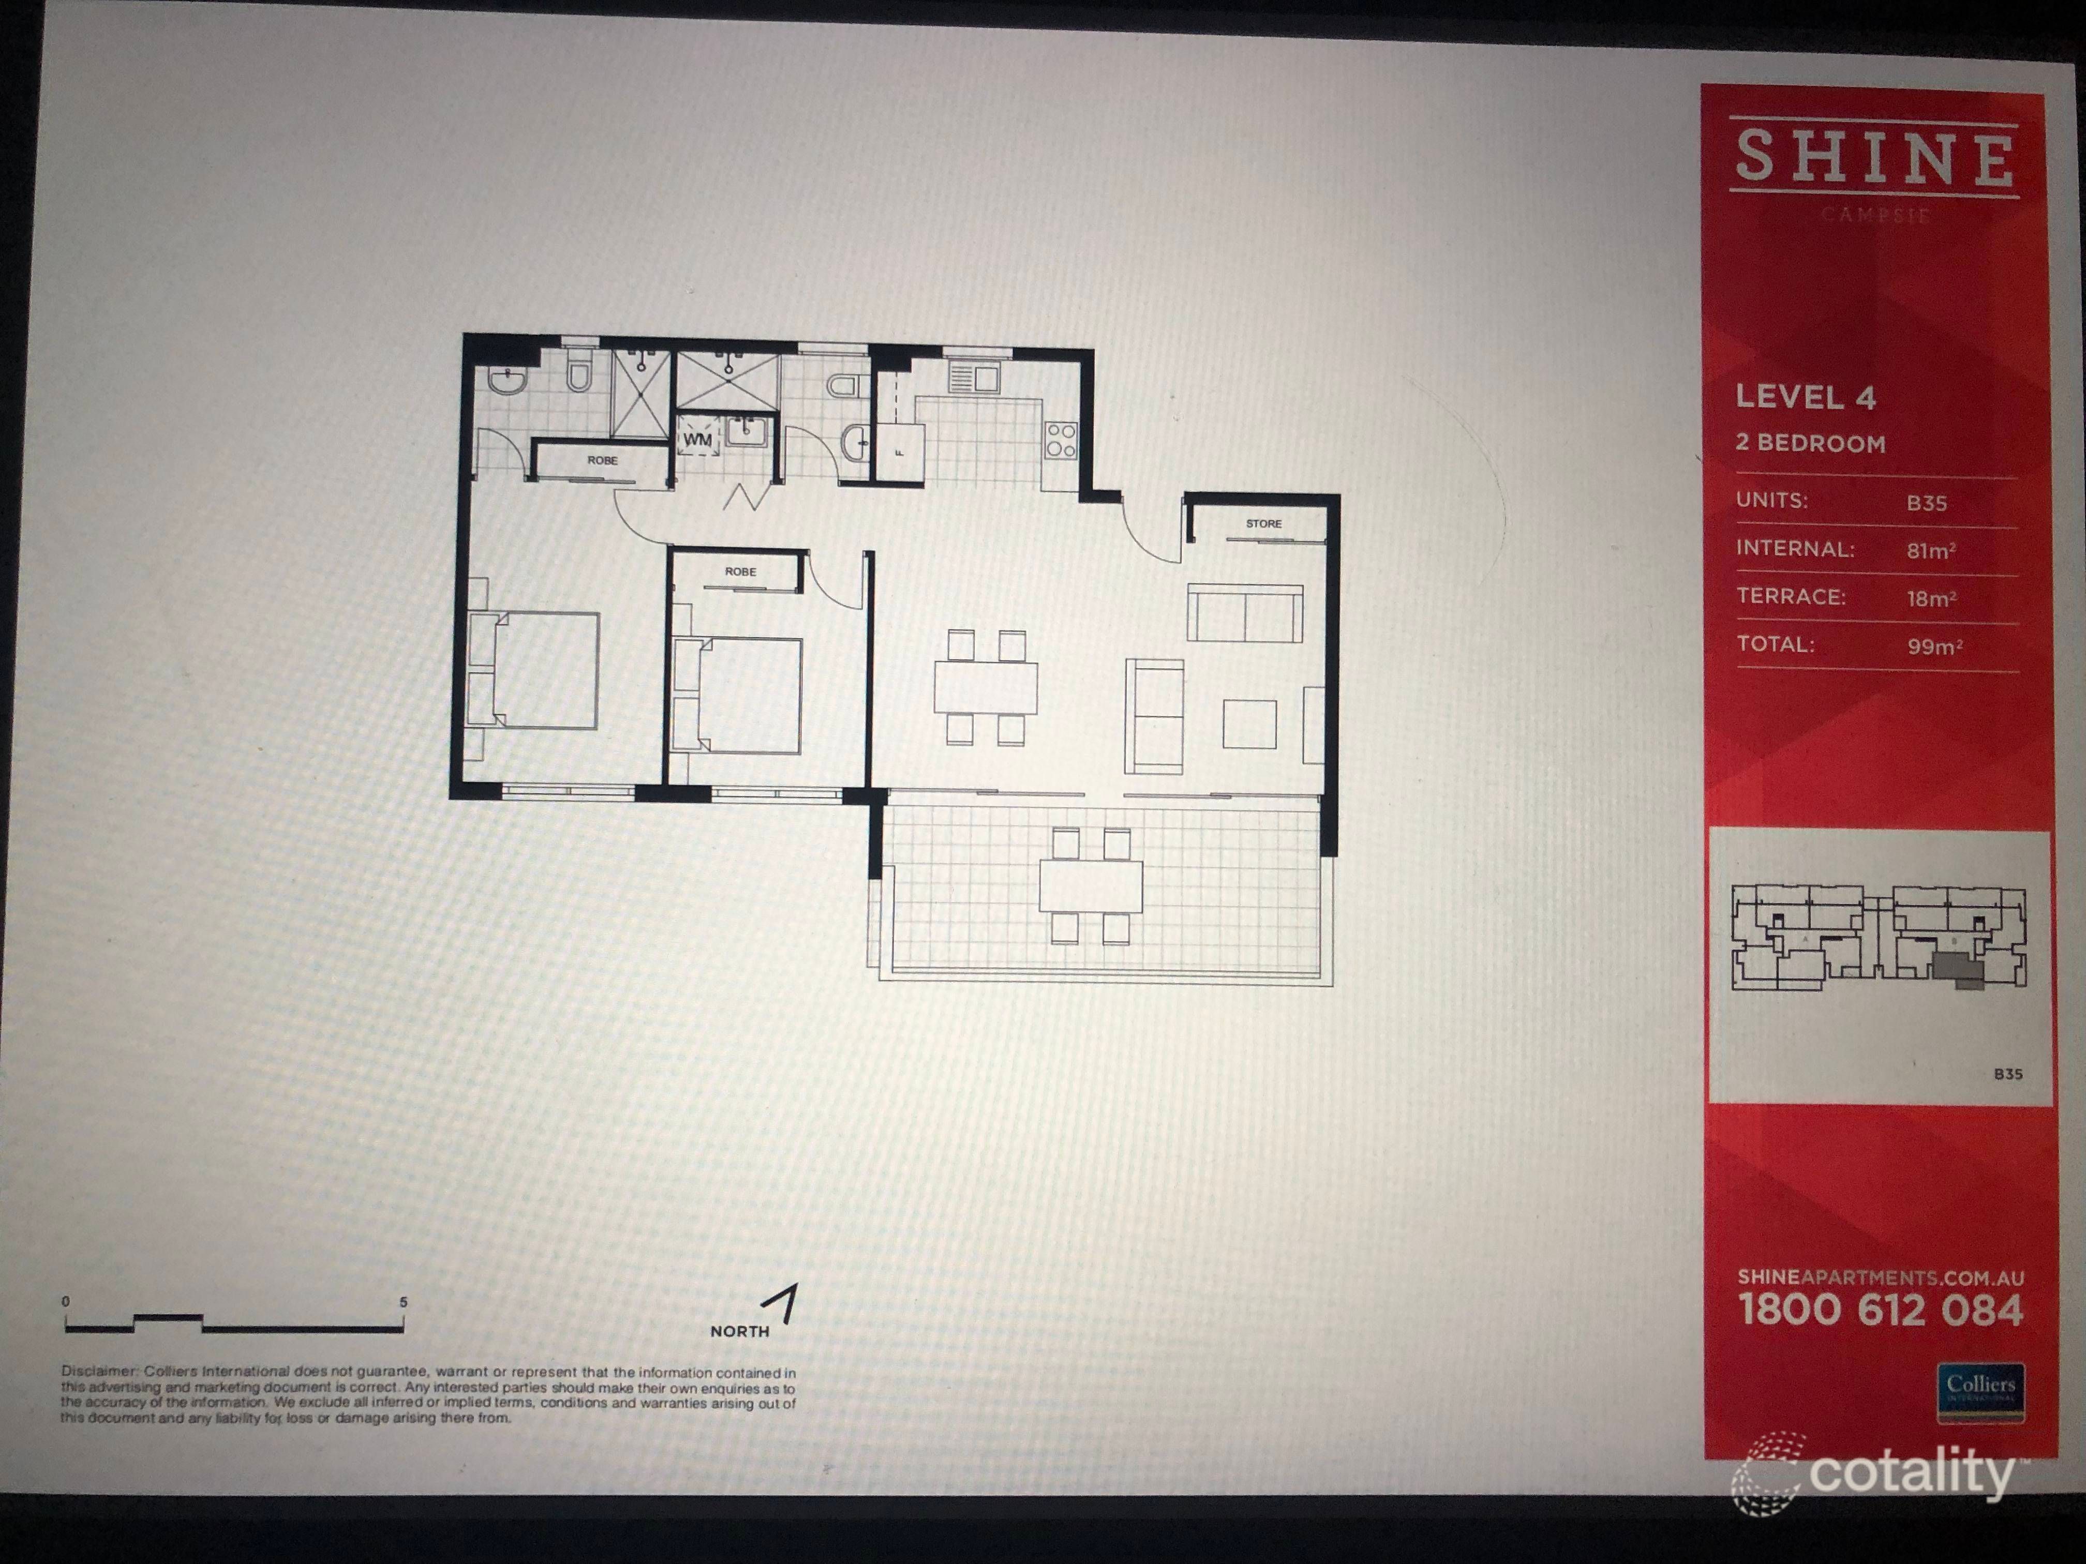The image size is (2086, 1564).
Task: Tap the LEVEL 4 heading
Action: pyautogui.click(x=1805, y=397)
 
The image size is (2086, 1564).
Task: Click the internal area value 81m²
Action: pyautogui.click(x=1930, y=551)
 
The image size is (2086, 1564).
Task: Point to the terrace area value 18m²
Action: pyautogui.click(x=1930, y=598)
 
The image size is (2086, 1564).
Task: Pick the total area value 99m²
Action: pyautogui.click(x=1934, y=646)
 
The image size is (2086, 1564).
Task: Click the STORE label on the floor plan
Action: pyautogui.click(x=1264, y=523)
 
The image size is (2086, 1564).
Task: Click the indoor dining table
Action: pyautogui.click(x=986, y=687)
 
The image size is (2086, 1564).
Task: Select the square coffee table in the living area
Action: pyautogui.click(x=1249, y=723)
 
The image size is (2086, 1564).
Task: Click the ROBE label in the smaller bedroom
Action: pyautogui.click(x=740, y=572)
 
